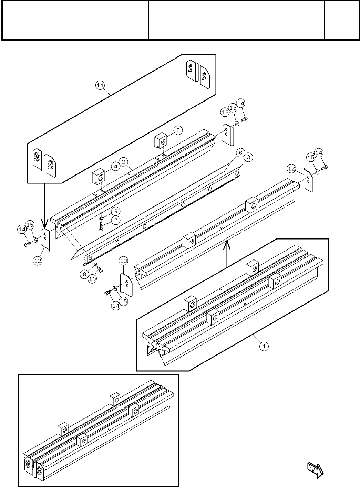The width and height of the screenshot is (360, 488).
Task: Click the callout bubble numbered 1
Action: point(264,346)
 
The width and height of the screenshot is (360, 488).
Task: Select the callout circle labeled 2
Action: point(124,161)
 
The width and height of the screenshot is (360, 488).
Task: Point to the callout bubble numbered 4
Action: point(115,166)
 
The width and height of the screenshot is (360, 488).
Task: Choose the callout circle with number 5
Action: point(178,130)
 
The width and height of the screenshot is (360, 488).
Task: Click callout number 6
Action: point(240,152)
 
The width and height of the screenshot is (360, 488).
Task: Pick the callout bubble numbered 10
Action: point(92,279)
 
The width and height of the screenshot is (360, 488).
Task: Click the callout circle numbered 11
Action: point(100,86)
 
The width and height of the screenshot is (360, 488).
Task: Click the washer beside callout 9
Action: point(101,218)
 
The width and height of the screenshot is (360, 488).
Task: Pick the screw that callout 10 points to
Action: point(100,270)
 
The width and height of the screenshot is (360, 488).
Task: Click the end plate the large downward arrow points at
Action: point(45,238)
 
